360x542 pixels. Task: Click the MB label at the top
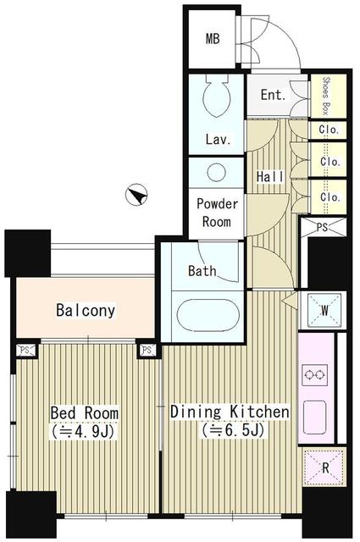213,39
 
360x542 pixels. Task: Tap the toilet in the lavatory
217,96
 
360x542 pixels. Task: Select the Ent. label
274,95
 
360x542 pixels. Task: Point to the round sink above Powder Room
217,172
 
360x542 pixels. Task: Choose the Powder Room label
217,213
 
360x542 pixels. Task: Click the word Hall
269,177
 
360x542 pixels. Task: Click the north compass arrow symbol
136,195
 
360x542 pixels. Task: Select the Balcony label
86,310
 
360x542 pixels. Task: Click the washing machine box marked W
324,311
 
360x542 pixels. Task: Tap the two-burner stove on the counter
315,375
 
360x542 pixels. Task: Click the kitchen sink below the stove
315,418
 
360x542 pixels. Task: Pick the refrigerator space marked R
324,467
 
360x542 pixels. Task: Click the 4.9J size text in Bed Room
83,432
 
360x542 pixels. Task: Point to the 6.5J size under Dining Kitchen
234,430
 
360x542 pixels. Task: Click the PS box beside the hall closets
323,228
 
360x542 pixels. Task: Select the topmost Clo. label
329,130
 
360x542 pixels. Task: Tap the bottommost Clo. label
330,196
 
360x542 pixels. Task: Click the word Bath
202,270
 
